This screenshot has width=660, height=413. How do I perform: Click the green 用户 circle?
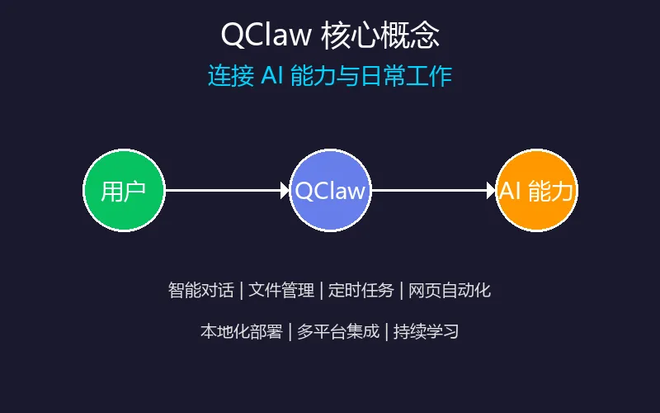125,191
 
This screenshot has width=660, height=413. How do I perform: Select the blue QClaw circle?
330,191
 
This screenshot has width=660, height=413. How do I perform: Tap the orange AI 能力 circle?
537,191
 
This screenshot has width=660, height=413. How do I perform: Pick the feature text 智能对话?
200,290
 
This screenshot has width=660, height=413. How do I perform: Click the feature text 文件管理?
281,290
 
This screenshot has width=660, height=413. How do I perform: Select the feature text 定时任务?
361,290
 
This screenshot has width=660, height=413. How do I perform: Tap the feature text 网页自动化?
450,290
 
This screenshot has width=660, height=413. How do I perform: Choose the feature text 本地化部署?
241,332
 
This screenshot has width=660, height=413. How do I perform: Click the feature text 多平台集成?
338,332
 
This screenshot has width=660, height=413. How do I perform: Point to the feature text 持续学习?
426,332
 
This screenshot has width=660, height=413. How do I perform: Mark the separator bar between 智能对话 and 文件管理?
241,290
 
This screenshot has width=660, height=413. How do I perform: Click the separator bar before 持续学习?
386,332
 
